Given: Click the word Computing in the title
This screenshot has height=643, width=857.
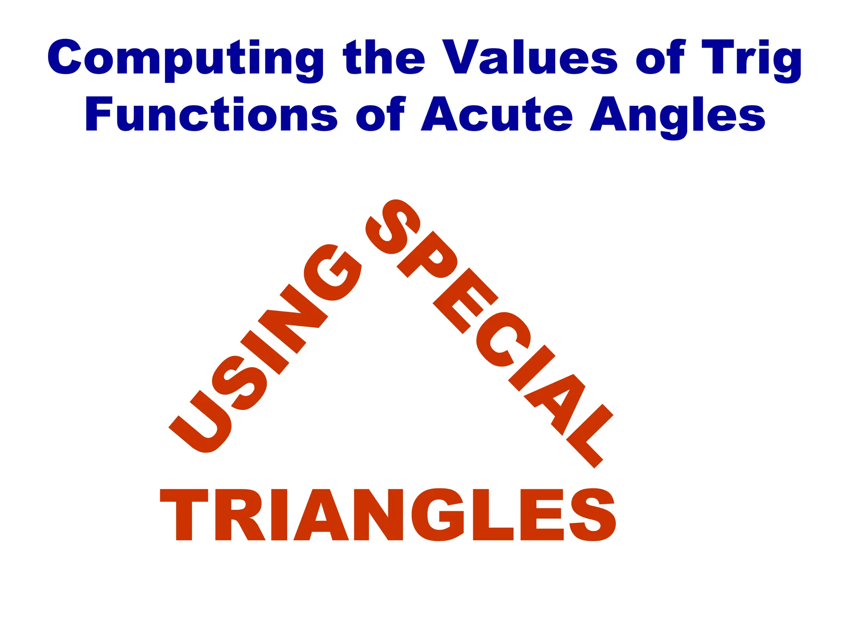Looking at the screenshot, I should click(x=184, y=59).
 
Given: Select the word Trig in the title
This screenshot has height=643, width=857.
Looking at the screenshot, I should click(x=751, y=59).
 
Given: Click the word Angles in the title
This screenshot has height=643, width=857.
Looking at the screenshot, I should click(x=677, y=115).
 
